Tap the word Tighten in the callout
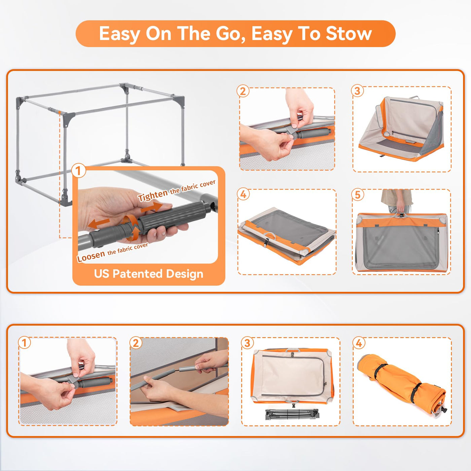152,195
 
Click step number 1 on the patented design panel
78,171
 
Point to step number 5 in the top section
358,195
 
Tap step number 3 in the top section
357,91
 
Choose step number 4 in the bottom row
359,343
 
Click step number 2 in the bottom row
136,343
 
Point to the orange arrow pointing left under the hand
99,223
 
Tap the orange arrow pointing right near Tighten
151,207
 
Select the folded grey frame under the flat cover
292,414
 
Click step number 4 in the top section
243,194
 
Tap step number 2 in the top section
243,92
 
